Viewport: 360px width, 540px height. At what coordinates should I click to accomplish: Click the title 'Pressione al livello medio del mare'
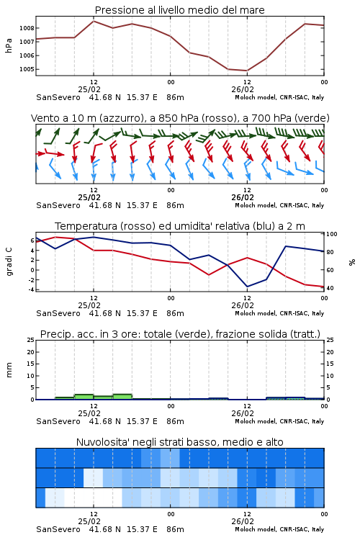pos(179,10)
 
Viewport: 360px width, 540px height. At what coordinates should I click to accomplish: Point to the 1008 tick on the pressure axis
pos(27,28)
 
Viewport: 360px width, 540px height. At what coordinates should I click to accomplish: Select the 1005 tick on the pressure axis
pos(27,69)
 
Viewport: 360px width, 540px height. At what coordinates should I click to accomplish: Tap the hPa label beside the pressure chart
pos(9,45)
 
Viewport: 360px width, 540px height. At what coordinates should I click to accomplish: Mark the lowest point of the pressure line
pos(247,71)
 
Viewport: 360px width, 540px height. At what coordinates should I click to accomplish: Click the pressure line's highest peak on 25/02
pos(94,21)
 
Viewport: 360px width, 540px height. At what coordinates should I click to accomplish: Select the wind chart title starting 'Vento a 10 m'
pos(180,118)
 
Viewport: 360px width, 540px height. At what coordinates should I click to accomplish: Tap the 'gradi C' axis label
pos(9,262)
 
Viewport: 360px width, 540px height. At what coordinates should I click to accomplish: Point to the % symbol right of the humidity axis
pos(352,262)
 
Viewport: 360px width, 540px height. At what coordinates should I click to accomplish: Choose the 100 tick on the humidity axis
pos(331,234)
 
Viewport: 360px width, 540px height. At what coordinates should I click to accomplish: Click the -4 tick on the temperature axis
pos(32,289)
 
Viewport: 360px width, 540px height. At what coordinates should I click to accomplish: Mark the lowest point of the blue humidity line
pos(247,287)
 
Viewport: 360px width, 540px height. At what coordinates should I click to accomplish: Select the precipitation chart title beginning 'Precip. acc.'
pos(180,334)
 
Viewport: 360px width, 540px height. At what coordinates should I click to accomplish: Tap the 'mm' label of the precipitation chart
pos(9,370)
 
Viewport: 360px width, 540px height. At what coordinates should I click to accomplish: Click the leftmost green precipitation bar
pos(64,398)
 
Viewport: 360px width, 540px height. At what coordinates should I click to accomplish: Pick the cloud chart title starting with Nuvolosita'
pos(179,442)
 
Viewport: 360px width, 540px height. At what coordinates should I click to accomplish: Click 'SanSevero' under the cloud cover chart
pos(58,529)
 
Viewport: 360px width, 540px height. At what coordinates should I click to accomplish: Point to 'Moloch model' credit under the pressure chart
pos(256,97)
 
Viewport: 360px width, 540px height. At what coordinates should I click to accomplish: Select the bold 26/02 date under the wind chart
pos(243,198)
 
